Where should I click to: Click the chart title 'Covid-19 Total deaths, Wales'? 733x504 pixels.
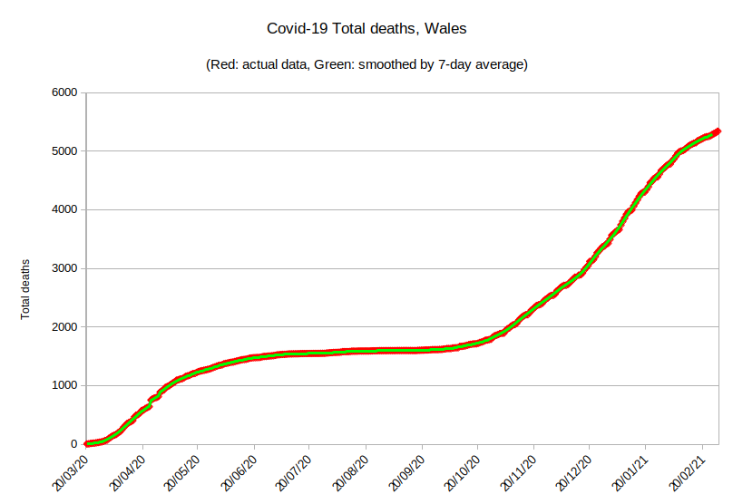click(366, 29)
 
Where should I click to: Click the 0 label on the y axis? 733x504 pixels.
click(73, 444)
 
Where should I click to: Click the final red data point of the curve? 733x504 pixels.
click(716, 131)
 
